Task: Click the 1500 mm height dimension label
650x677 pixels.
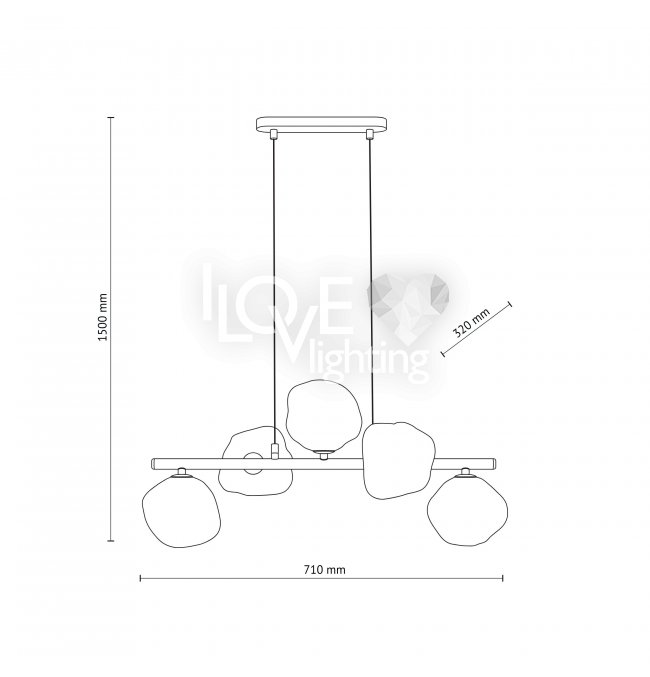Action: click(103, 317)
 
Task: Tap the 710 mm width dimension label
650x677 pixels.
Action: click(324, 570)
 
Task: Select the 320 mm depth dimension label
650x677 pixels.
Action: click(472, 323)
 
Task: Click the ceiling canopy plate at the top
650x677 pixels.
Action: click(321, 124)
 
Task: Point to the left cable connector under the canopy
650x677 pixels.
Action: click(273, 134)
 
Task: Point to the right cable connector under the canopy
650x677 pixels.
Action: click(369, 134)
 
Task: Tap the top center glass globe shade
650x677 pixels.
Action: click(323, 416)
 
